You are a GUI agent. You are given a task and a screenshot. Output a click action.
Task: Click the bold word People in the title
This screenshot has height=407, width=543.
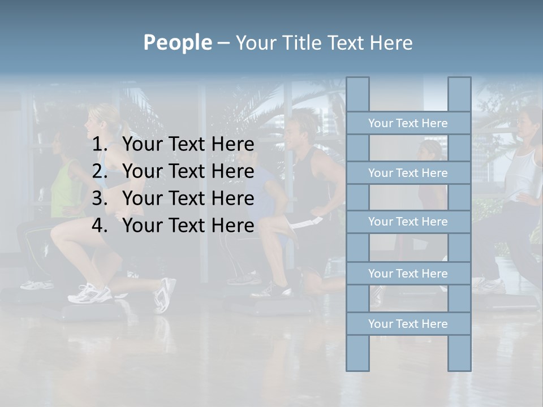pyautogui.click(x=177, y=42)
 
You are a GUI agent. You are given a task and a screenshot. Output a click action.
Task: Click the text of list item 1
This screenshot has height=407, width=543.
pyautogui.click(x=188, y=145)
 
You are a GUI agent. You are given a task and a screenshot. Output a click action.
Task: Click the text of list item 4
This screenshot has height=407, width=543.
pyautogui.click(x=188, y=226)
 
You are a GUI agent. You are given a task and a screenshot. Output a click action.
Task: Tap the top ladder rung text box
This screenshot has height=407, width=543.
pyautogui.click(x=408, y=123)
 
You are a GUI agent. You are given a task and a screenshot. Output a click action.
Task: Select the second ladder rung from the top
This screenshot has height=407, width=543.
pyautogui.click(x=408, y=173)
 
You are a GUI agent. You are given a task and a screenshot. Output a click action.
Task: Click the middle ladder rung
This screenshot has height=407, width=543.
pyautogui.click(x=408, y=222)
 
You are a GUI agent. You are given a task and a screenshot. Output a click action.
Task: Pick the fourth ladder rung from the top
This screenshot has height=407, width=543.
pyautogui.click(x=408, y=274)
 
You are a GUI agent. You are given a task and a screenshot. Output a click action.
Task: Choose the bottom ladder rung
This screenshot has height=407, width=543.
pyautogui.click(x=408, y=324)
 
